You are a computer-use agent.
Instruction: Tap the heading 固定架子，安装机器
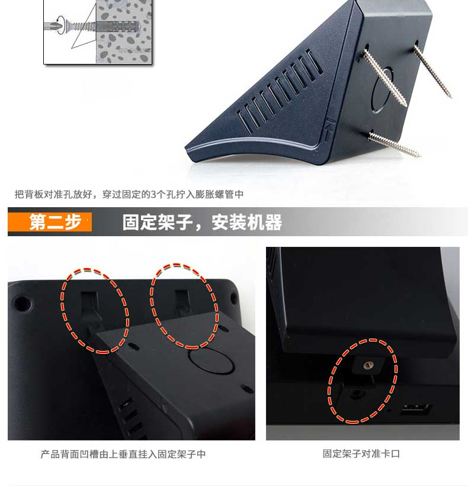[202, 222]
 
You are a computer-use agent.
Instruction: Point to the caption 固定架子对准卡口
[361, 454]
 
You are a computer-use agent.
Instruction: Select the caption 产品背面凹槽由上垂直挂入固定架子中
[123, 454]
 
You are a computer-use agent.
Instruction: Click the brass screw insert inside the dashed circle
[368, 365]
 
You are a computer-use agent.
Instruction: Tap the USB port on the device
[415, 410]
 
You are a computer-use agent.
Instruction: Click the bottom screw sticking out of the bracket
[394, 144]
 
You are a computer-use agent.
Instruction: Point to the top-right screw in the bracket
[432, 70]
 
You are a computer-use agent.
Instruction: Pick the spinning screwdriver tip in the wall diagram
[55, 25]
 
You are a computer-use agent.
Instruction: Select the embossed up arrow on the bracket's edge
[329, 130]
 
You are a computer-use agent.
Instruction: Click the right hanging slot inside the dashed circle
[182, 303]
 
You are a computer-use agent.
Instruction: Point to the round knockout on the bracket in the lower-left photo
[211, 360]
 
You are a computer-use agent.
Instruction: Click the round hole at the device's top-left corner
[21, 304]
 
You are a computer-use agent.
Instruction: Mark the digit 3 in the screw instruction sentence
[153, 194]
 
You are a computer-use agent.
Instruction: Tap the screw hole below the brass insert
[357, 394]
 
